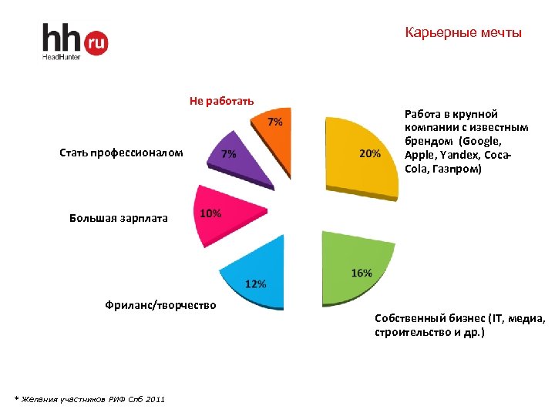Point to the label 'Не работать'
click(222, 101)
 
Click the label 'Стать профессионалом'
click(121, 153)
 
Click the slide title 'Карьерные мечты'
click(463, 33)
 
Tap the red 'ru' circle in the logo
click(96, 42)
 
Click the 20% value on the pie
click(370, 153)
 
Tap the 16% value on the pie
click(362, 273)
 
